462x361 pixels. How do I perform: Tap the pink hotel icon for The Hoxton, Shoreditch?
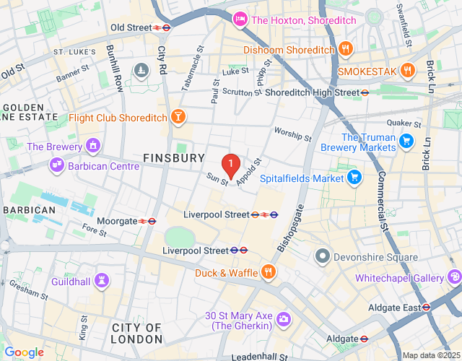pyautogui.click(x=239, y=19)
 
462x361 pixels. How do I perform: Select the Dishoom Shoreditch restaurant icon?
pyautogui.click(x=346, y=50)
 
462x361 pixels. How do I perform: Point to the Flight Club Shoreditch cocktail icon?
pyautogui.click(x=177, y=117)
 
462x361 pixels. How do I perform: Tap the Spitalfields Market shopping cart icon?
pyautogui.click(x=354, y=177)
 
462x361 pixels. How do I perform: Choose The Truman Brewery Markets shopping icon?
pyautogui.click(x=406, y=142)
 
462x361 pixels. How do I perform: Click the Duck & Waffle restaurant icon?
pyautogui.click(x=268, y=272)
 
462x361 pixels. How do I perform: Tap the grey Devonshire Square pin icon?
pyautogui.click(x=322, y=256)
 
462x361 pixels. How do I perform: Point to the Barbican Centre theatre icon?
pyautogui.click(x=57, y=166)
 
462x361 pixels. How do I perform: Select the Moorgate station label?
pyautogui.click(x=117, y=221)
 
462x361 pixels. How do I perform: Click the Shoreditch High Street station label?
pyautogui.click(x=311, y=92)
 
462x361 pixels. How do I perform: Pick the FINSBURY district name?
pyautogui.click(x=174, y=157)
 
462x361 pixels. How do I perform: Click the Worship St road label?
pyautogui.click(x=292, y=134)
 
